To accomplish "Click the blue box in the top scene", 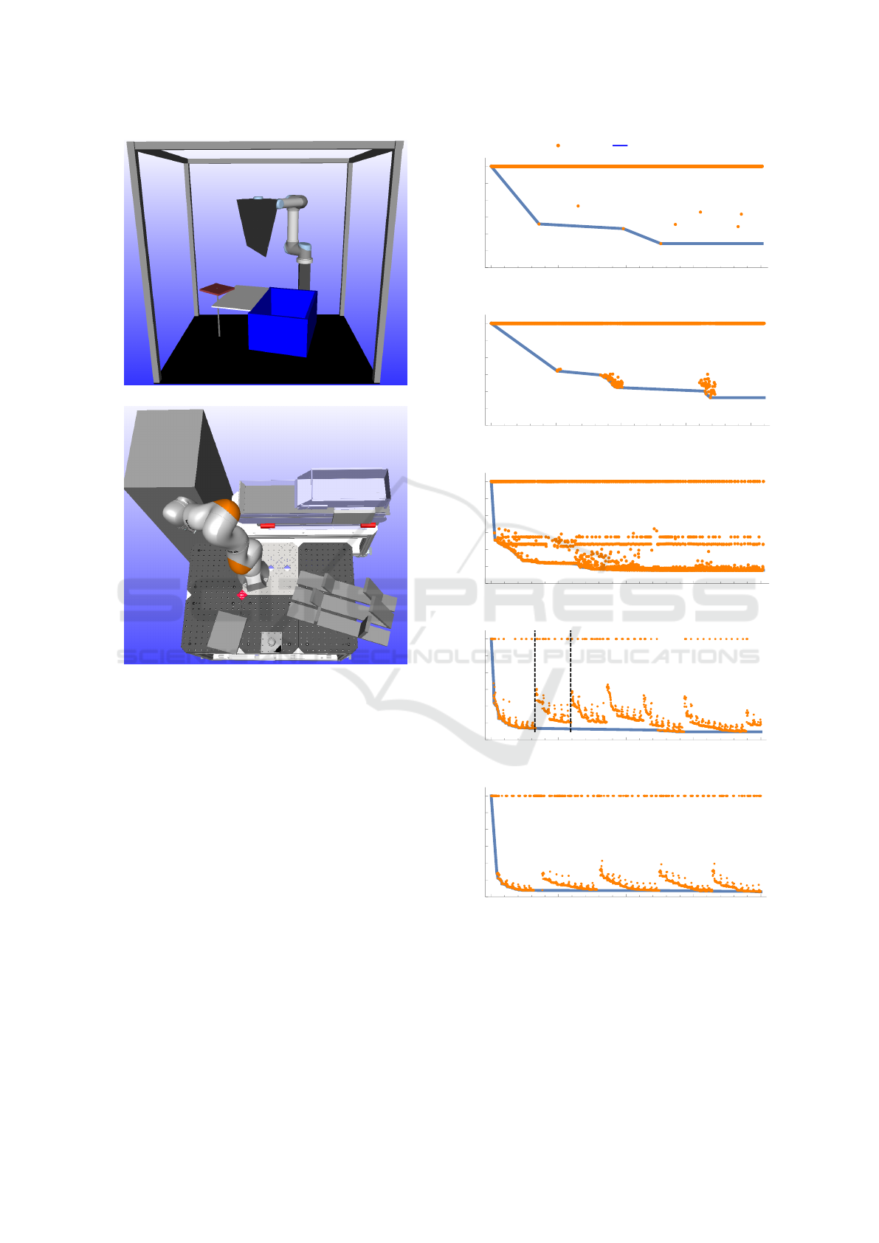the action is [x=283, y=322].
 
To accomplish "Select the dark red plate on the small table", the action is [x=217, y=289].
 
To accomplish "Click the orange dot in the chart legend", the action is [x=558, y=145].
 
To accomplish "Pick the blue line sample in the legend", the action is [x=620, y=145].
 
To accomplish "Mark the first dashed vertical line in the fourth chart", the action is [x=535, y=681].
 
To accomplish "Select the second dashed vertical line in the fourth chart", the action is [x=571, y=681].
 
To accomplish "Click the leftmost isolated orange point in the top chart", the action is [x=578, y=206].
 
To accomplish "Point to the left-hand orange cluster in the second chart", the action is [x=612, y=380].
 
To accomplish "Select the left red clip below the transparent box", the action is [x=267, y=525].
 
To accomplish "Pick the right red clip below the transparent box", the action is [x=368, y=524].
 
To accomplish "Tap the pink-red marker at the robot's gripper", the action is [x=241, y=596].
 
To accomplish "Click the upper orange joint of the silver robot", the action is [x=227, y=509].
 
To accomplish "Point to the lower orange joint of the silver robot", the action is [x=238, y=566].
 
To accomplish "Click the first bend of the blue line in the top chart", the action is [x=539, y=224].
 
